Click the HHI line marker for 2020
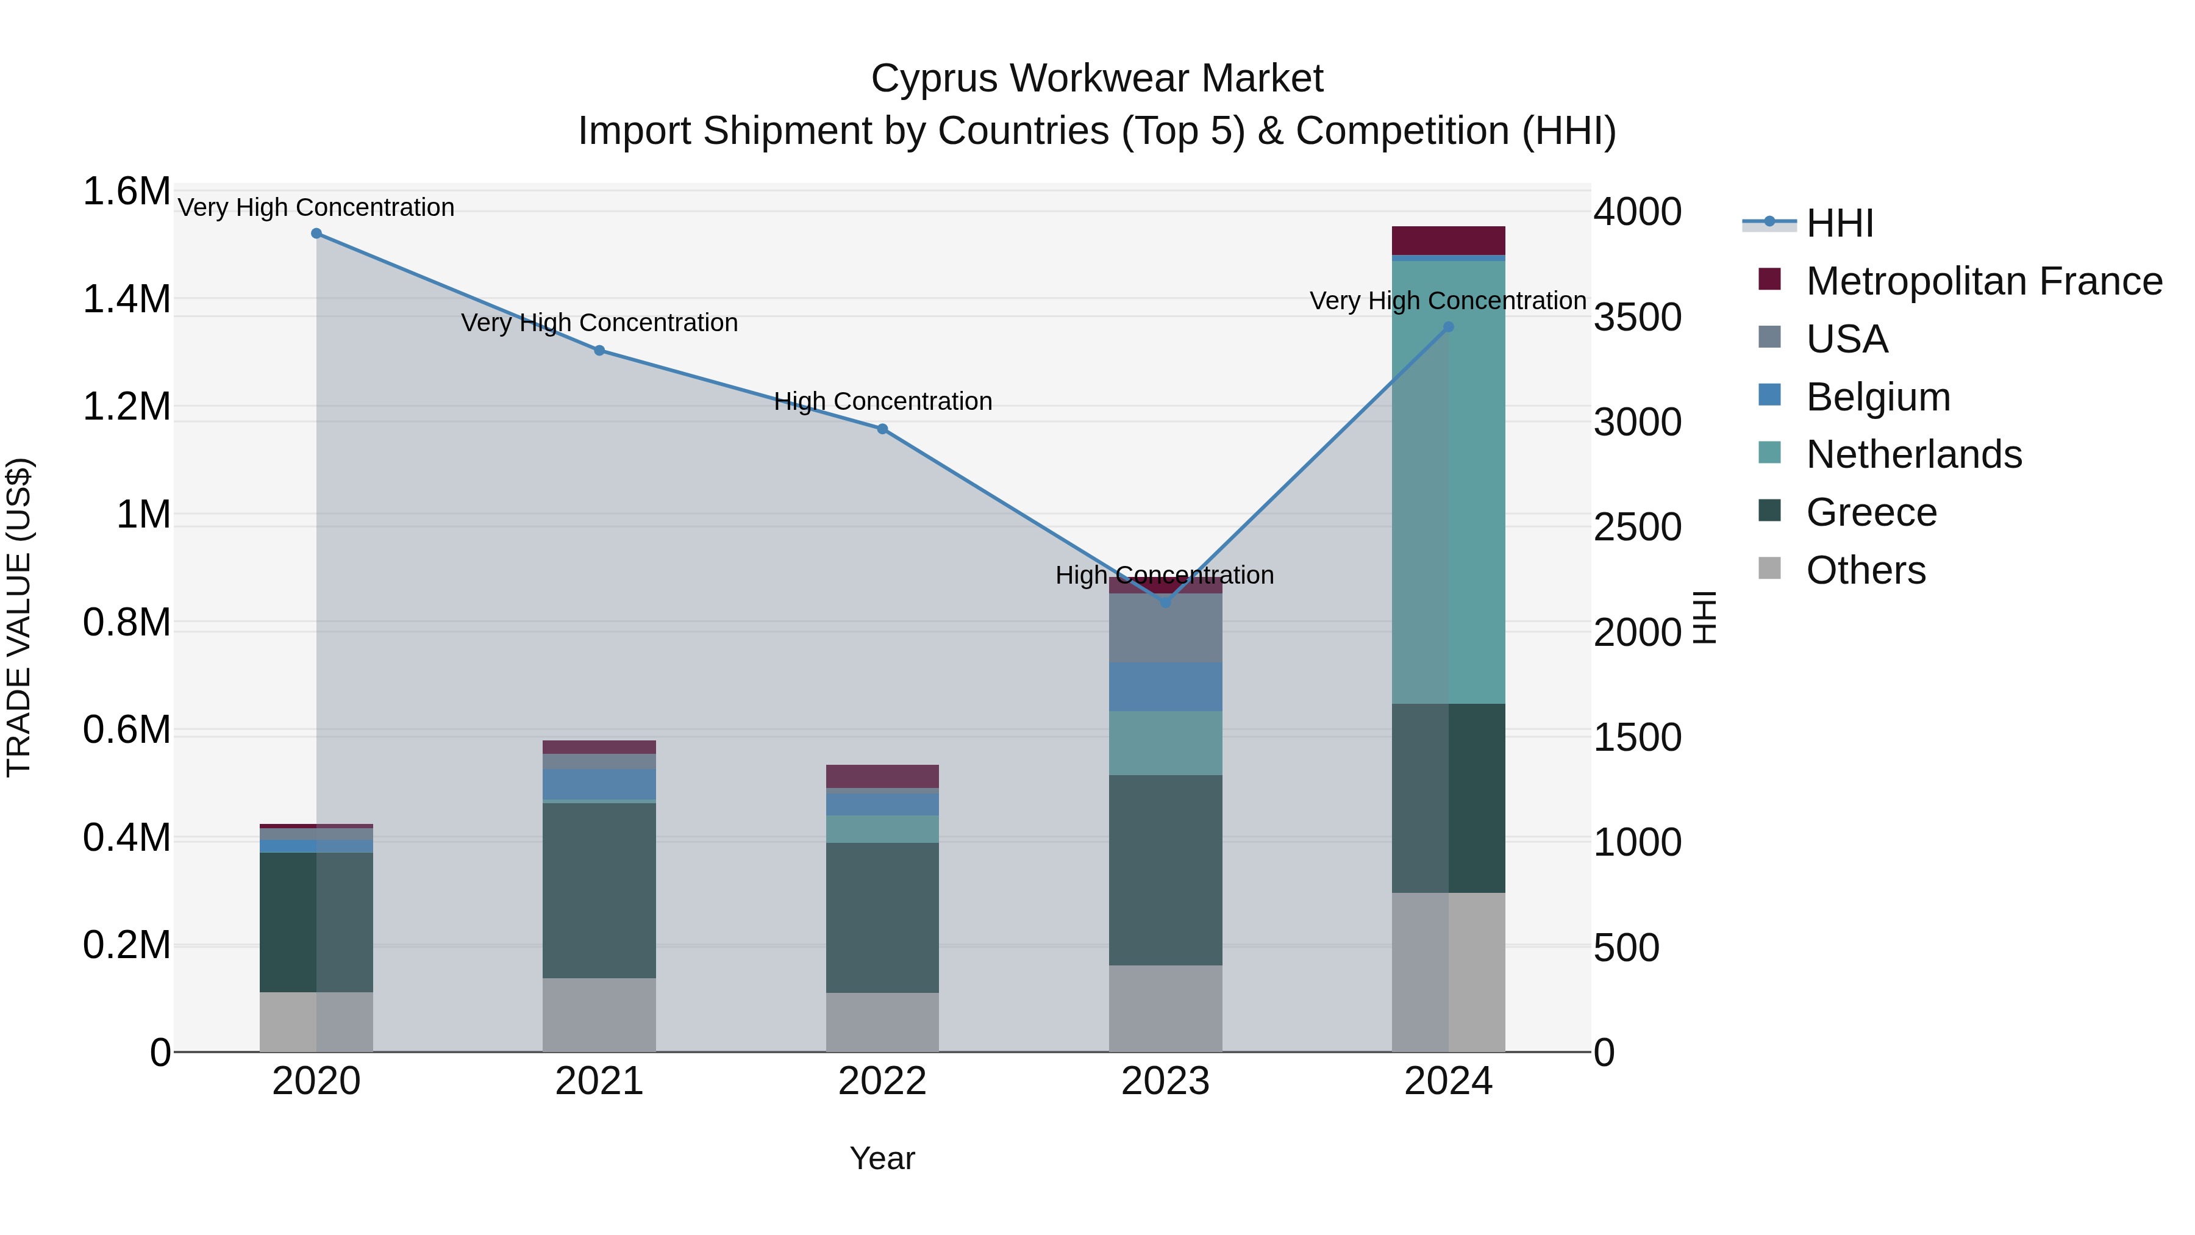click(x=316, y=234)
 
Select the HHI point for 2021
click(x=599, y=350)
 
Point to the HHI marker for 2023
click(x=1166, y=603)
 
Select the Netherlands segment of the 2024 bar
click(x=1449, y=482)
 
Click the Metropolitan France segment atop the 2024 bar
click(x=1449, y=240)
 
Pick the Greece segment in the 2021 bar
click(x=599, y=890)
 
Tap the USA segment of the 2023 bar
click(x=1166, y=628)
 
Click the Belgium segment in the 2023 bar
click(x=1166, y=687)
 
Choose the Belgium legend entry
click(x=1878, y=397)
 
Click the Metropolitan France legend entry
click(x=1983, y=281)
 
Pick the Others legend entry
click(x=1865, y=570)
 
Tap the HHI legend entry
click(x=1840, y=223)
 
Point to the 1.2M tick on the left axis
click(x=126, y=407)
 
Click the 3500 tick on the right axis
click(x=1638, y=318)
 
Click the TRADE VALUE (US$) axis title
click(x=19, y=617)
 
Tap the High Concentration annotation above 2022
click(x=883, y=401)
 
